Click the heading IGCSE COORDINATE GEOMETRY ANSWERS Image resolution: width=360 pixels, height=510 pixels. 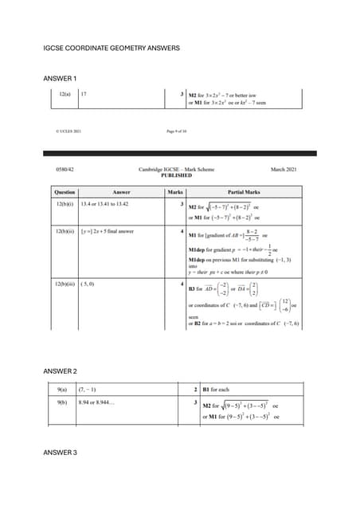tap(112, 49)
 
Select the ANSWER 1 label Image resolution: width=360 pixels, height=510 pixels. tap(60, 78)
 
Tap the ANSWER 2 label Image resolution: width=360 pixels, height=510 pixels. tap(60, 371)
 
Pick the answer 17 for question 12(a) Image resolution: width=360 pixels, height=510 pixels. tap(84, 94)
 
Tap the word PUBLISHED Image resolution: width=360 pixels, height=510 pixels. tap(176, 176)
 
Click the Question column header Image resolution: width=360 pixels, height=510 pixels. tap(65, 192)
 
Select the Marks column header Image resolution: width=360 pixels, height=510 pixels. tap(175, 192)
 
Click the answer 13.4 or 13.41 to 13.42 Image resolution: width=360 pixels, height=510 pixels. tap(104, 205)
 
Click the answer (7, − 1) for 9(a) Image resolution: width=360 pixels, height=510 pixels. tap(88, 390)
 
